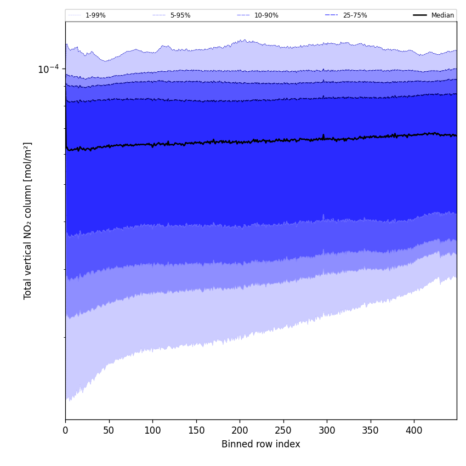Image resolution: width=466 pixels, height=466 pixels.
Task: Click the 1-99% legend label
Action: (95, 15)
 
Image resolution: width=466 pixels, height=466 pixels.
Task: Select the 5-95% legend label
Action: (180, 15)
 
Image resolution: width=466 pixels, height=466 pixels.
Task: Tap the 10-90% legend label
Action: (266, 15)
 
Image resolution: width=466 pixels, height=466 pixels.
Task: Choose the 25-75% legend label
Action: (355, 15)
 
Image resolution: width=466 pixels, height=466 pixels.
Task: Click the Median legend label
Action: (442, 15)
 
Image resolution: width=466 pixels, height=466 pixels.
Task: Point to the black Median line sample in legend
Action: (420, 15)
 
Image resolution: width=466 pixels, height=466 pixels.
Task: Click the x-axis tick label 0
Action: (65, 430)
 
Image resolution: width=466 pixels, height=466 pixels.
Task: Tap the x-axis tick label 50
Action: (109, 430)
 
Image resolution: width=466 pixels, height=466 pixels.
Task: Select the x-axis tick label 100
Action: (152, 430)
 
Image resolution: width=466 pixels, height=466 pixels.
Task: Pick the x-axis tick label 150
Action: (196, 430)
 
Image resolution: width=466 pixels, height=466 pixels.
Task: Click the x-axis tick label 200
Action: (240, 430)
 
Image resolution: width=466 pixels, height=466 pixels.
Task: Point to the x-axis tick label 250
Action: (283, 430)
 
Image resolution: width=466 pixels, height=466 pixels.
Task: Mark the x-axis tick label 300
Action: (327, 430)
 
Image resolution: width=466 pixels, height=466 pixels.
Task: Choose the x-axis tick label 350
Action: (371, 430)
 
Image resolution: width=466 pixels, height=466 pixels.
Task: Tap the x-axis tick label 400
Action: (414, 430)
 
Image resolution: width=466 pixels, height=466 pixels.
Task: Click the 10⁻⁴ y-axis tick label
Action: (48, 69)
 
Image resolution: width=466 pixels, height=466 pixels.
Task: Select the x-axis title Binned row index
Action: (261, 444)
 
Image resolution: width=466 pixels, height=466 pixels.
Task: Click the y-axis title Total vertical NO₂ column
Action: (28, 220)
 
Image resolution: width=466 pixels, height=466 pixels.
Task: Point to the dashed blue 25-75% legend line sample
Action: (332, 15)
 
